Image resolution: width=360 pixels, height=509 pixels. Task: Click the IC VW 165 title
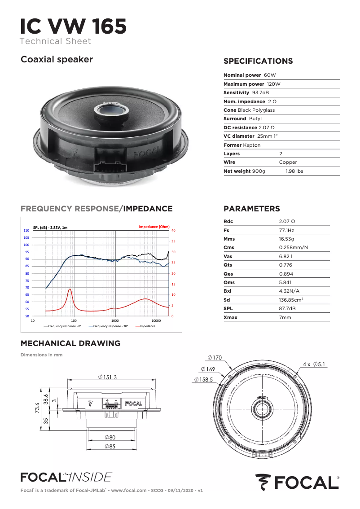73,26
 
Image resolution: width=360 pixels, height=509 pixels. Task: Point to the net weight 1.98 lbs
294,171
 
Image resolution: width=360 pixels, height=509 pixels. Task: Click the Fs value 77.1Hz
286,230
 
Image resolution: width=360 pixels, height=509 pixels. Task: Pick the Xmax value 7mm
285,317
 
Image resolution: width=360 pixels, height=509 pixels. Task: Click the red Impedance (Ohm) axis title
154,227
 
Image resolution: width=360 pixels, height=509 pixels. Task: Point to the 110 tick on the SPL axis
26,231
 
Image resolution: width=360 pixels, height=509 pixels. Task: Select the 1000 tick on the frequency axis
115,321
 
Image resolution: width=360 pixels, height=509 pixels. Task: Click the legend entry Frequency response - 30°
110,326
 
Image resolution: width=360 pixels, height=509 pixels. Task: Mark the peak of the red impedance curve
70,290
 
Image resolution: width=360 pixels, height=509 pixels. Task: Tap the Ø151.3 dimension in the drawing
107,377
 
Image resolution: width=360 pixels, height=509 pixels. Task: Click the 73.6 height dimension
38,410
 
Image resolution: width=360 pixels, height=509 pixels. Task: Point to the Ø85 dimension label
110,446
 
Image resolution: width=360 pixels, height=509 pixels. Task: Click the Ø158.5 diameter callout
204,379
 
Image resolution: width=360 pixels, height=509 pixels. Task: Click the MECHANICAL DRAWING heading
70,343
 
